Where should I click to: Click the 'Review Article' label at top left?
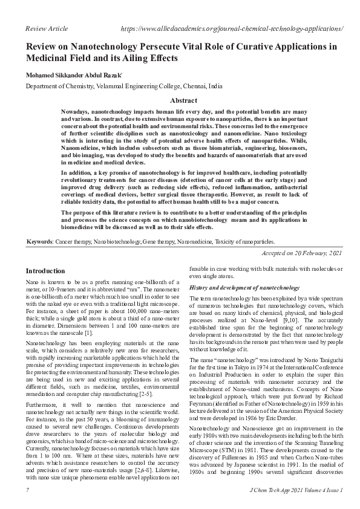coord(46,28)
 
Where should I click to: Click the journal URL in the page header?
coord(232,28)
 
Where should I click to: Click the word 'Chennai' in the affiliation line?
coord(193,87)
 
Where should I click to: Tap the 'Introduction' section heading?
coord(46,271)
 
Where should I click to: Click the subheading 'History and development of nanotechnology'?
coord(245,287)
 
